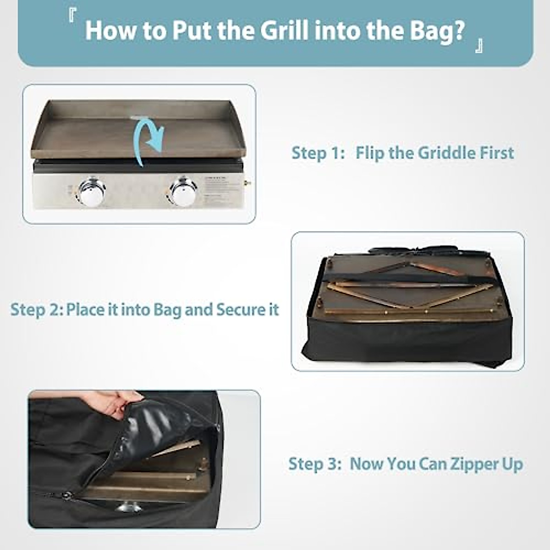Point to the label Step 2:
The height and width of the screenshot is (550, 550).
[37, 310]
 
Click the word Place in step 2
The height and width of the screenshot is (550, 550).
[86, 310]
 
